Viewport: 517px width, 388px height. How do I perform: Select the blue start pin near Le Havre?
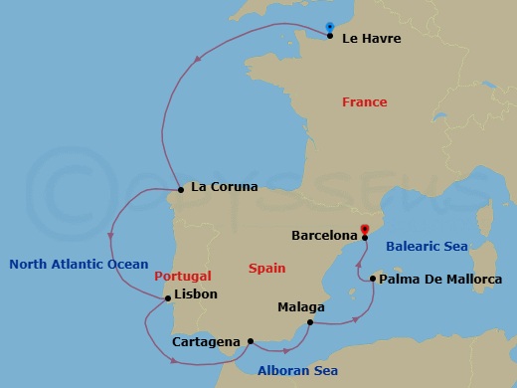[x=330, y=27]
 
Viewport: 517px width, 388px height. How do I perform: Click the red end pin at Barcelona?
[x=366, y=228]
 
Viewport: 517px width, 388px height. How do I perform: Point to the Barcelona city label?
[x=324, y=236]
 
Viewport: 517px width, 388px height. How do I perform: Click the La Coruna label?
[x=224, y=186]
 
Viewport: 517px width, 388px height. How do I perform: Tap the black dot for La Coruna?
[x=180, y=189]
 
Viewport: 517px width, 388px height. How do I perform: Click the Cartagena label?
[x=205, y=342]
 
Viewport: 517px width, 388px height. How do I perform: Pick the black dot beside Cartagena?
[x=250, y=341]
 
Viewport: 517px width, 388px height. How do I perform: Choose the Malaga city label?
[x=300, y=307]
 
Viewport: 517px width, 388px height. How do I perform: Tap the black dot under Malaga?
[x=310, y=322]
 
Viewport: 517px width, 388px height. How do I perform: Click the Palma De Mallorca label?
[x=440, y=280]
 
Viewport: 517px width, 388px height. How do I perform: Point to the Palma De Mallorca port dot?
[x=372, y=279]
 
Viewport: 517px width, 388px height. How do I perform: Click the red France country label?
[x=364, y=102]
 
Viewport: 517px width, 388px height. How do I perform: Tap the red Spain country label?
[x=266, y=269]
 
